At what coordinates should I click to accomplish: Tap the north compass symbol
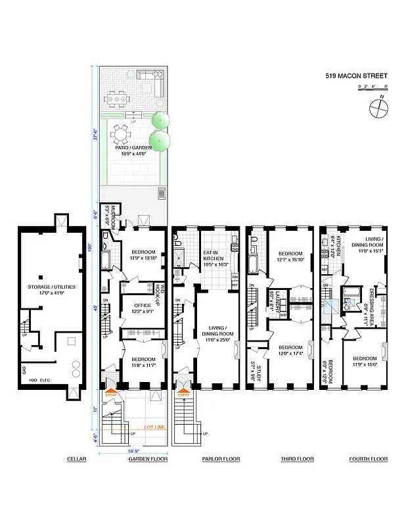(x=378, y=107)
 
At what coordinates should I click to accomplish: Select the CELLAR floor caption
(x=76, y=459)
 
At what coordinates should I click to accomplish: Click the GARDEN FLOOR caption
(x=148, y=459)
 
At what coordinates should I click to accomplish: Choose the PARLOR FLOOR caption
(x=221, y=459)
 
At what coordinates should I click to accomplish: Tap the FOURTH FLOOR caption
(x=368, y=459)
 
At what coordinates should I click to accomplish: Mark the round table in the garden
(x=122, y=135)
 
